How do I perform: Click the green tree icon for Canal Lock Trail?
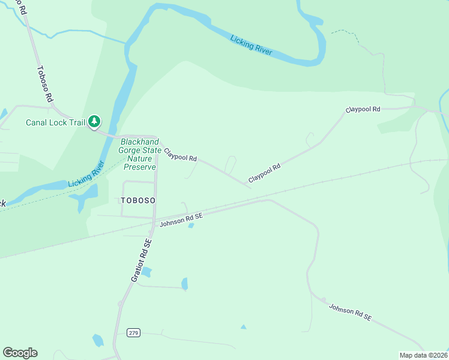[x=94, y=122]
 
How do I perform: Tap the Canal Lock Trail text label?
[x=55, y=122]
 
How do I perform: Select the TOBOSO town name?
[x=138, y=200]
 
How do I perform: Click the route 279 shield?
[x=133, y=332]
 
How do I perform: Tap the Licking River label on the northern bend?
[x=252, y=46]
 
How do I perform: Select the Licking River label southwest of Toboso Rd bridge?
[x=86, y=174]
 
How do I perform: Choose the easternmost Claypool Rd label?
[x=363, y=110]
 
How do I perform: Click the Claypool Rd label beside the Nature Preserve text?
[x=180, y=155]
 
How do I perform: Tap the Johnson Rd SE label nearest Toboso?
[x=181, y=219]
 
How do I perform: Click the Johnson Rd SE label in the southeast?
[x=351, y=312]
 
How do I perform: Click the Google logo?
[x=20, y=353]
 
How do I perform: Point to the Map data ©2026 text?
[x=423, y=355]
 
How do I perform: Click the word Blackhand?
[x=141, y=142]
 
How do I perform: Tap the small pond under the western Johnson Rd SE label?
[x=191, y=226]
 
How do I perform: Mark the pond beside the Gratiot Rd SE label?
[x=146, y=272]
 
